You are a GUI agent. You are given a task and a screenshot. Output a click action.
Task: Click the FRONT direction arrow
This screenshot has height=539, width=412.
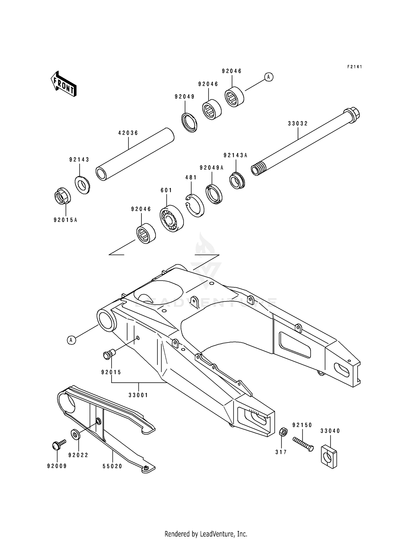click(63, 84)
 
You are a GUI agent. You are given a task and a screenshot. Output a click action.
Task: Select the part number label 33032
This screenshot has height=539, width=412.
click(298, 124)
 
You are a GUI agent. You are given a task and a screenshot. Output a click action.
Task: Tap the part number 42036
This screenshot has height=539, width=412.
click(128, 133)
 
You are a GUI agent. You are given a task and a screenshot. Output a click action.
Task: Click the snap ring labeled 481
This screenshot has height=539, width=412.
click(195, 205)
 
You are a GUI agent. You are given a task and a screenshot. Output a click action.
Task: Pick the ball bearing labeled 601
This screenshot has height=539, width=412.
click(172, 218)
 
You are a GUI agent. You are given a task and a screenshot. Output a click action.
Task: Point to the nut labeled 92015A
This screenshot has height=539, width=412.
click(62, 196)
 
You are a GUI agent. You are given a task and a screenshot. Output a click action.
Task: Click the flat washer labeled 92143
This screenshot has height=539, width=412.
click(82, 185)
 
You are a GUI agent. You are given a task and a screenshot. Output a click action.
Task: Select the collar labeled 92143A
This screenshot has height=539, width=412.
click(237, 180)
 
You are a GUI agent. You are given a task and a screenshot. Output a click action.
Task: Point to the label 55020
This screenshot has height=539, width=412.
click(112, 466)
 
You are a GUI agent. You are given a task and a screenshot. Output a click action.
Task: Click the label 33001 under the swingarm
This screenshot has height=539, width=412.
click(138, 395)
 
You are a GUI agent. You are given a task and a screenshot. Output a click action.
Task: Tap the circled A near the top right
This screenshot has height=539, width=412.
click(269, 77)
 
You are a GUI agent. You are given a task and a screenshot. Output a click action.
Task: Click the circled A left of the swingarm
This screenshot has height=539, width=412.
click(71, 340)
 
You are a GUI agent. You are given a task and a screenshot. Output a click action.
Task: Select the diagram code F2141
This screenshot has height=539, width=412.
click(355, 67)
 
